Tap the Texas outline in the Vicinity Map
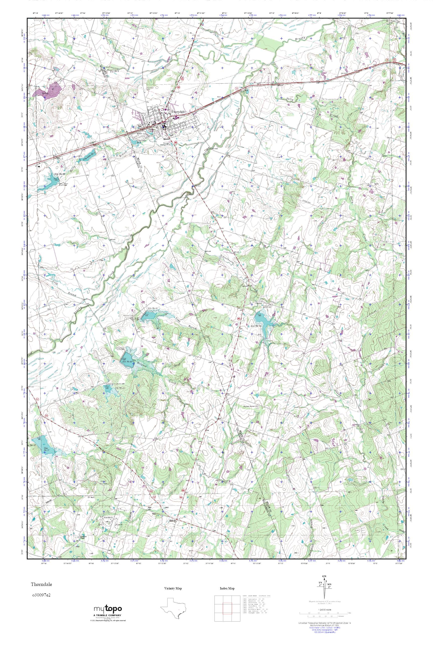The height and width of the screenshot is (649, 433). click(x=173, y=614)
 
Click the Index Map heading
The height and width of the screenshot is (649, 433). click(x=227, y=596)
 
